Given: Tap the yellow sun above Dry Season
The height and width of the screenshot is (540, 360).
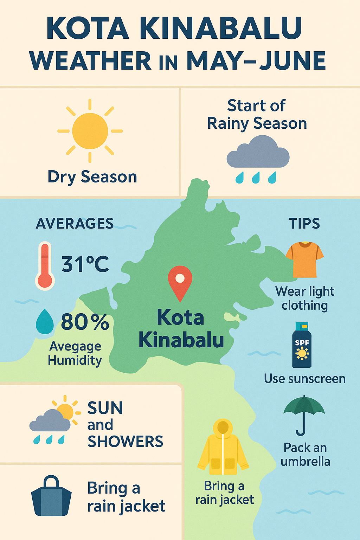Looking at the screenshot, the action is pyautogui.click(x=90, y=131).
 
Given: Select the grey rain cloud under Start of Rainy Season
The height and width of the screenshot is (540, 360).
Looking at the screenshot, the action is pyautogui.click(x=258, y=152).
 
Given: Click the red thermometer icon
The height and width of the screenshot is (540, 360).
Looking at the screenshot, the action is pyautogui.click(x=45, y=266).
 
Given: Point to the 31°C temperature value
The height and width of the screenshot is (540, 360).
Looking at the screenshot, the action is pyautogui.click(x=85, y=264).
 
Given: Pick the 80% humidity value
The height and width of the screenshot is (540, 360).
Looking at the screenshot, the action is pyautogui.click(x=85, y=322).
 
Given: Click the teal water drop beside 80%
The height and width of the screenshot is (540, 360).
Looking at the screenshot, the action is pyautogui.click(x=45, y=321).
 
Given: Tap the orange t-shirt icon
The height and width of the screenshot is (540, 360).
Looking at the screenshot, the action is pyautogui.click(x=304, y=259).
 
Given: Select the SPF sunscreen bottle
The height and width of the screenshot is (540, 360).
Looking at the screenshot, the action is pyautogui.click(x=302, y=345).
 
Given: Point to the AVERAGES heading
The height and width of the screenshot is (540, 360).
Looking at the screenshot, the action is pyautogui.click(x=75, y=223).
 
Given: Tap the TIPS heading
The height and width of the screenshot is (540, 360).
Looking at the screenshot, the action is pyautogui.click(x=304, y=223).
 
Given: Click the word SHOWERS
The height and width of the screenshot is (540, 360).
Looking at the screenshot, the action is pyautogui.click(x=125, y=442).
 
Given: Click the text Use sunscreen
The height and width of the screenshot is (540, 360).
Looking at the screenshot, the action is pyautogui.click(x=305, y=379).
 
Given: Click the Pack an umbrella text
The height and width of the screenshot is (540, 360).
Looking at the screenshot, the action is pyautogui.click(x=305, y=454).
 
